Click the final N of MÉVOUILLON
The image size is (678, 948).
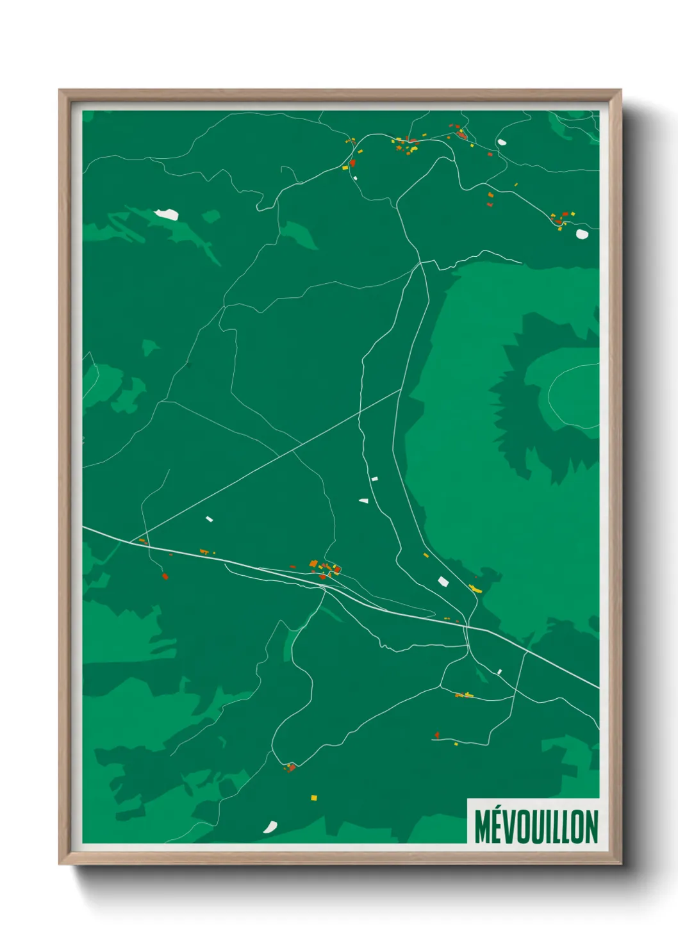[x=591, y=827]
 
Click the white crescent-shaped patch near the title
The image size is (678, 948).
[x=270, y=827]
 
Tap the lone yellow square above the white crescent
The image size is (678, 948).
[x=314, y=797]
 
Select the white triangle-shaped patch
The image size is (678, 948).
[x=364, y=500]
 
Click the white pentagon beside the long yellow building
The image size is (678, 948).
[x=443, y=581]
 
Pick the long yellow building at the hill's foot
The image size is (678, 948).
[x=475, y=588]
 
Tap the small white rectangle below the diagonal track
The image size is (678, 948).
[x=209, y=519]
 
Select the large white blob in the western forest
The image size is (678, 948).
[x=167, y=214]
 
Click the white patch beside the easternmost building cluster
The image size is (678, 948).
[x=582, y=234]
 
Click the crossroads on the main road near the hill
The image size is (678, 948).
[x=468, y=627]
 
